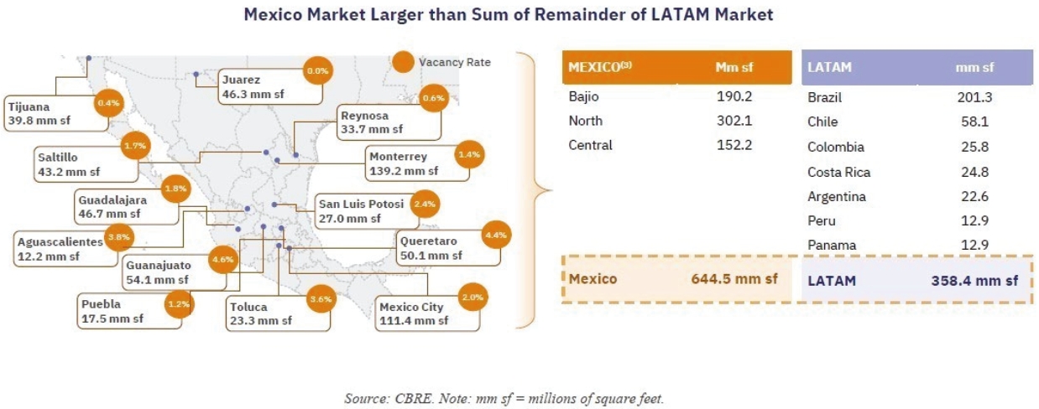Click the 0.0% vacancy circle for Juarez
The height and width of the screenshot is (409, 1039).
[317, 70]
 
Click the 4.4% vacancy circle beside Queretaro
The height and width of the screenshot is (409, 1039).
[495, 236]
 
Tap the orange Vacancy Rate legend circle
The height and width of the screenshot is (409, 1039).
[404, 62]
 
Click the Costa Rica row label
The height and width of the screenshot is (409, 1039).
[838, 173]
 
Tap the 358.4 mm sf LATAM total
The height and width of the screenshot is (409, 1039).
[974, 281]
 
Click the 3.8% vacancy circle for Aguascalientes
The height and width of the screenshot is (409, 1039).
[118, 237]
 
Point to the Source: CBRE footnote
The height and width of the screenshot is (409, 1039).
[504, 398]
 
